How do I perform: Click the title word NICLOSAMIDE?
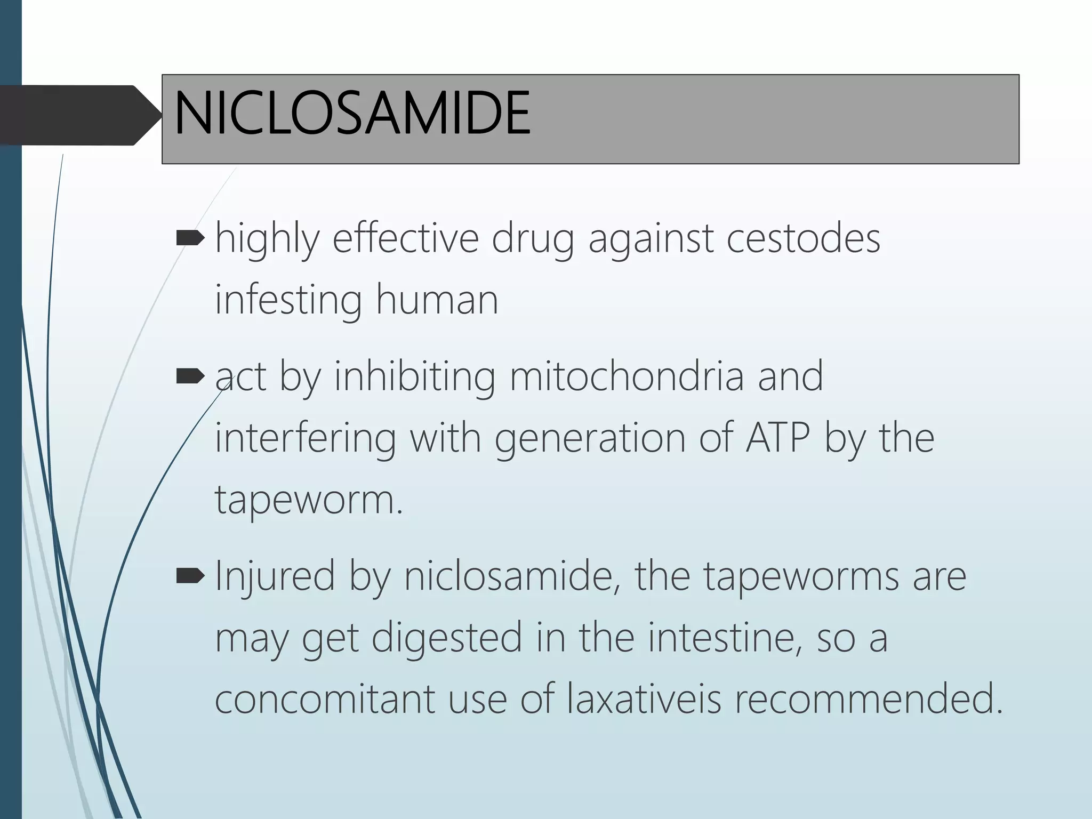coord(352,114)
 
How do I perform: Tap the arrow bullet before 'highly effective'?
coord(190,238)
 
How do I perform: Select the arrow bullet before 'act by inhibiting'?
coord(190,377)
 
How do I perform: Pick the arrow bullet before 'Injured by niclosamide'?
coord(190,575)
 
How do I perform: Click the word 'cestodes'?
coord(803,238)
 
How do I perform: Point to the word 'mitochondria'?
coord(627,377)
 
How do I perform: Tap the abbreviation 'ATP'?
coord(778,438)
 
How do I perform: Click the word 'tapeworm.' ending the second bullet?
coord(309,500)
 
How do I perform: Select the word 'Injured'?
coord(275,576)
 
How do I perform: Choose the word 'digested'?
coord(446,638)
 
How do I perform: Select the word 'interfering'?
coord(305,438)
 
